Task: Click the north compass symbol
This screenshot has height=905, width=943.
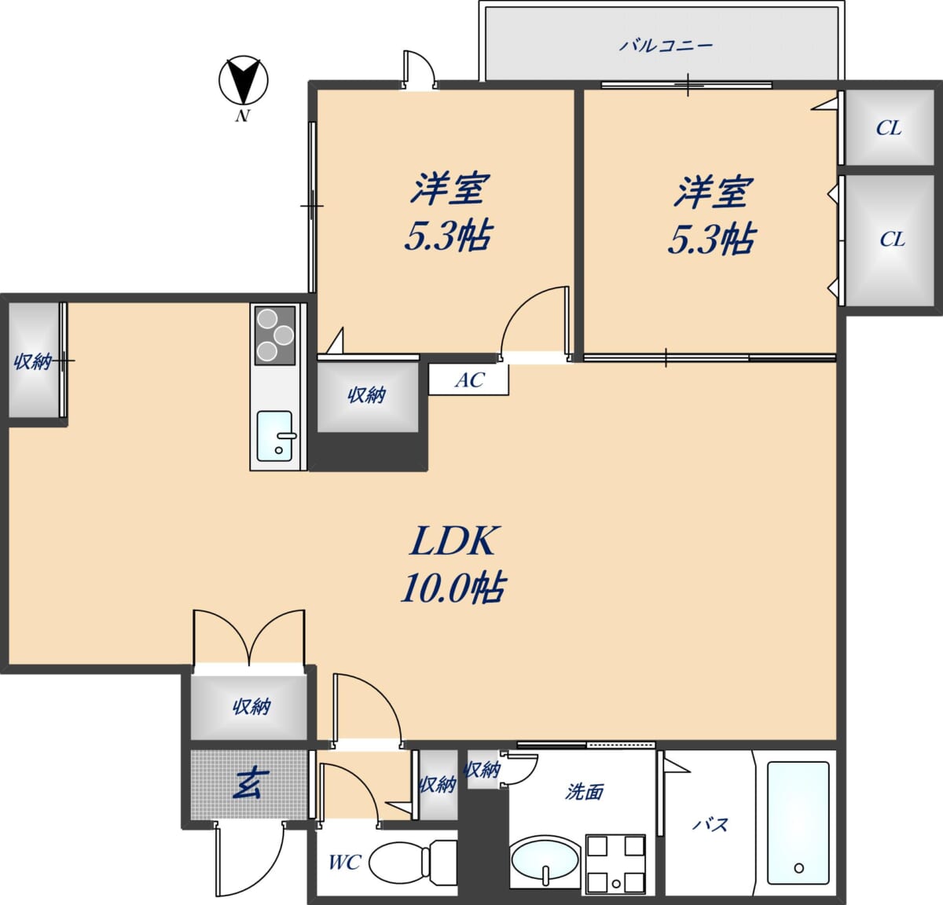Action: pyautogui.click(x=244, y=80)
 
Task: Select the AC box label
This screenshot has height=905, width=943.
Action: pyautogui.click(x=470, y=380)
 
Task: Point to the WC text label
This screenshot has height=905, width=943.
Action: pyautogui.click(x=344, y=863)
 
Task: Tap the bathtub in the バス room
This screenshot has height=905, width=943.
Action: pyautogui.click(x=798, y=823)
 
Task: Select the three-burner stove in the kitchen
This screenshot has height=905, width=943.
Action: pyautogui.click(x=275, y=335)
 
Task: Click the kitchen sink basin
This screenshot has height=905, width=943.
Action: pyautogui.click(x=275, y=436)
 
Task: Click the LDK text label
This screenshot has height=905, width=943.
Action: pyautogui.click(x=453, y=540)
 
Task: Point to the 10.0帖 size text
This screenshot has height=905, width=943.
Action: pyautogui.click(x=453, y=588)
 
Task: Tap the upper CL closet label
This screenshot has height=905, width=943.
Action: pyautogui.click(x=889, y=128)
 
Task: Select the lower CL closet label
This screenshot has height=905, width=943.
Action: pyautogui.click(x=892, y=240)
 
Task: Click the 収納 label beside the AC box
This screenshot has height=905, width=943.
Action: pyautogui.click(x=367, y=395)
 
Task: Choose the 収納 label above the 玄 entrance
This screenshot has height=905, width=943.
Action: pyautogui.click(x=251, y=707)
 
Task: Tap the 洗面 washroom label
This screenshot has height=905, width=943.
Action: pyautogui.click(x=585, y=792)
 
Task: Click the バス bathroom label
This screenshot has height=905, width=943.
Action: pyautogui.click(x=710, y=825)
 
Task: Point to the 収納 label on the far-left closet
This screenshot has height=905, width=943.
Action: pyautogui.click(x=32, y=362)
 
